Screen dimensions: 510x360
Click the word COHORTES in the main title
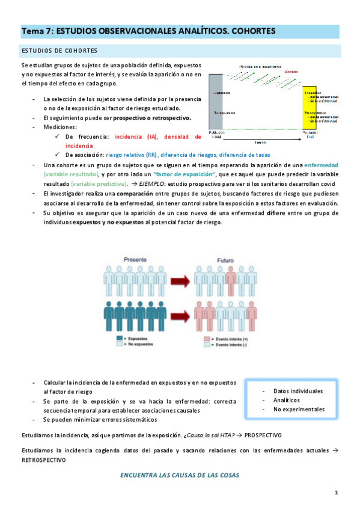click(248, 30)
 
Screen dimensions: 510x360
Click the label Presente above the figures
click(135, 259)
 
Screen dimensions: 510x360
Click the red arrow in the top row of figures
click(180, 280)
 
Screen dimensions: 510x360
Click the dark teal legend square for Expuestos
click(119, 339)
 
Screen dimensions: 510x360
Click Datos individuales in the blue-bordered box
click(297, 391)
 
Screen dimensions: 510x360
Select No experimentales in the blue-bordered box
click(299, 409)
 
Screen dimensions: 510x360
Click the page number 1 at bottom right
click(337, 493)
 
